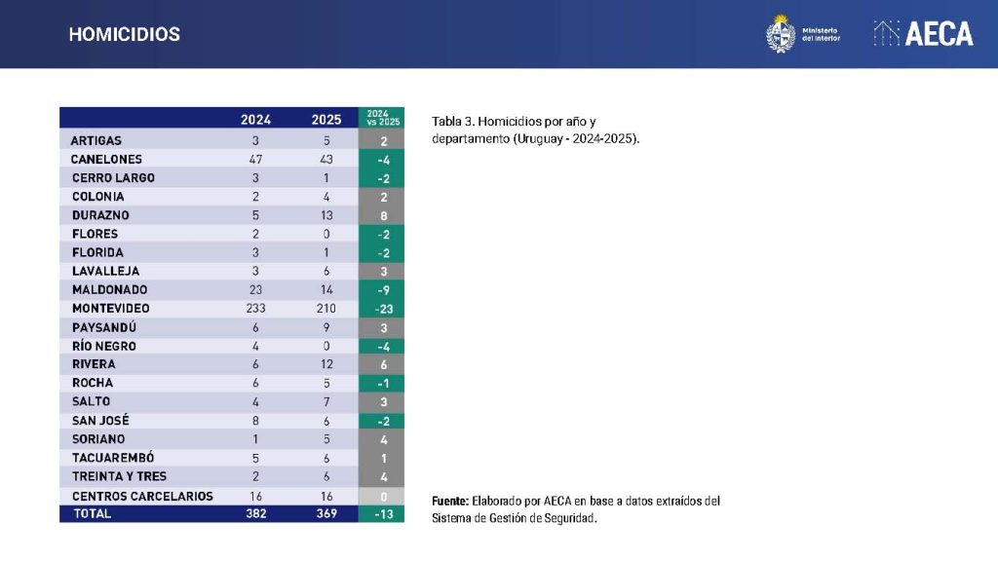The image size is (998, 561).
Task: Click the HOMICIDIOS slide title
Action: coord(124,34)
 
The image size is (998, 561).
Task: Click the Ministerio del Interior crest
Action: coord(780,34)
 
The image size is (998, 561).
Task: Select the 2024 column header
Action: coord(255,120)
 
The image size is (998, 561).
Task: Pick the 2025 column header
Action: coord(326,120)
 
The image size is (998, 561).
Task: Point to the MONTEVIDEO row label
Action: coord(110,309)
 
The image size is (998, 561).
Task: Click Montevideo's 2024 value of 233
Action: coord(255,309)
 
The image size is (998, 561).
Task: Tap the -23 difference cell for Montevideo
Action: coord(382,309)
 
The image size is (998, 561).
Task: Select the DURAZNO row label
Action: coord(100,215)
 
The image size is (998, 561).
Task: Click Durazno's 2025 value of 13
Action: coord(326,215)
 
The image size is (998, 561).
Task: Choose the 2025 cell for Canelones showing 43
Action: coord(326,159)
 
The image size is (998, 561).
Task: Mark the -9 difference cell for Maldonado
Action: coord(382,290)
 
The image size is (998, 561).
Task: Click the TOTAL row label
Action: coord(93,513)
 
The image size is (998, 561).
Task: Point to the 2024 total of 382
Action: coord(255,513)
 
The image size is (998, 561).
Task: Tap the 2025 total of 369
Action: coord(326,513)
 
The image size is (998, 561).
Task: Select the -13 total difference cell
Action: coord(382,513)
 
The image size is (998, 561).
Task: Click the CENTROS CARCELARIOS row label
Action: coord(142,496)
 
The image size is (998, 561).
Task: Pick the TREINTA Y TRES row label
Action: coord(119,476)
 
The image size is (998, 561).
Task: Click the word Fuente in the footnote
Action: coord(450,501)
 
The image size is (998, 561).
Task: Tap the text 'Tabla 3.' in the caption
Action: coord(453,121)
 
